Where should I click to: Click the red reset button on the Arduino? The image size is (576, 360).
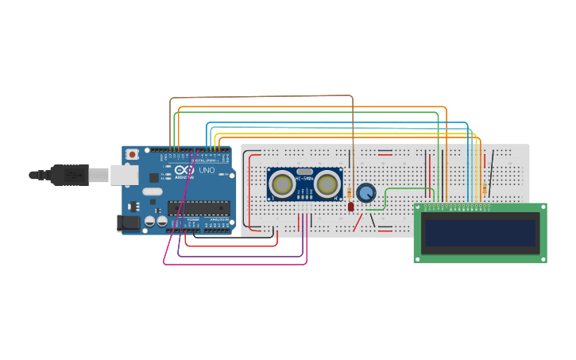click(x=133, y=153)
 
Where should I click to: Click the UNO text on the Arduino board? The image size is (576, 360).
click(x=206, y=171)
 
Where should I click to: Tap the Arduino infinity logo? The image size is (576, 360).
click(x=184, y=171)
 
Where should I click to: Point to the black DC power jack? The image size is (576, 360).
click(x=127, y=224)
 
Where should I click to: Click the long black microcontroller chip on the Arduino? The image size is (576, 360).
click(x=199, y=208)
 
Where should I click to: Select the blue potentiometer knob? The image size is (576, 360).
click(x=365, y=193)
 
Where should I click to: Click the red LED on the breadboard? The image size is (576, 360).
click(x=351, y=207)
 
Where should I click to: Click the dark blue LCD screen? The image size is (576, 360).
click(x=480, y=233)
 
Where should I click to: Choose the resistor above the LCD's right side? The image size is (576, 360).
click(x=484, y=189)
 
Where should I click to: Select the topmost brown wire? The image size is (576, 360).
click(x=262, y=96)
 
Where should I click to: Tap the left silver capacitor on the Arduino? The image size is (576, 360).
click(x=150, y=223)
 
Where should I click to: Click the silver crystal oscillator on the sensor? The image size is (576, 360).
click(x=304, y=172)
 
